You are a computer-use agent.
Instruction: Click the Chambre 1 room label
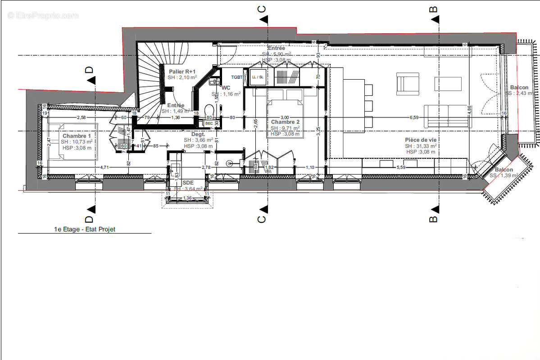[x=77, y=136]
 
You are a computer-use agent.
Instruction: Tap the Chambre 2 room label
[x=286, y=122]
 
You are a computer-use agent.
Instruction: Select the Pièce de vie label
[x=421, y=140]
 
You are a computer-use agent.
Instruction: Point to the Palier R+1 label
[x=182, y=72]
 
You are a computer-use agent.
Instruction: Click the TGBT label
[x=237, y=77]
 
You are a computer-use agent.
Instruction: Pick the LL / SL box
[x=258, y=77]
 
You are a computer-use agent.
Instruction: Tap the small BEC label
[x=209, y=123]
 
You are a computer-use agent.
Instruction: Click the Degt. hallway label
[x=198, y=134]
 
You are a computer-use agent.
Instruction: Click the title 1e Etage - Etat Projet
[x=84, y=229]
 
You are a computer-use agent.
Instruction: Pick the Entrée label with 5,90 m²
[x=276, y=48]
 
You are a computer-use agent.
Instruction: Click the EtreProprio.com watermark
[x=43, y=15]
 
